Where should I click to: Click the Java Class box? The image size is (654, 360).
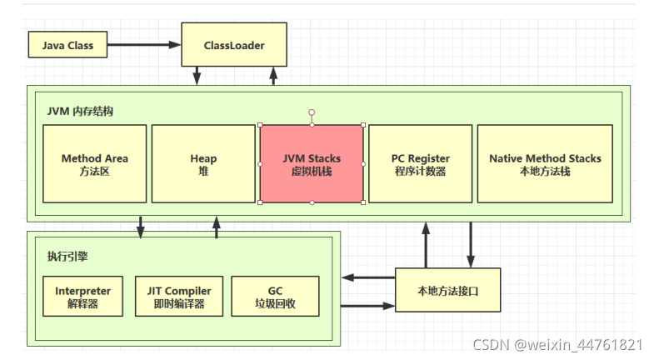[x=67, y=45]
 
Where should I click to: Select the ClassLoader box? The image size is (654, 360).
[x=234, y=45]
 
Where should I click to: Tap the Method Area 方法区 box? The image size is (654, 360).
[x=95, y=163]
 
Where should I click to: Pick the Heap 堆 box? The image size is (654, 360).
[x=203, y=163]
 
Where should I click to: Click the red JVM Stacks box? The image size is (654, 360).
[x=312, y=163]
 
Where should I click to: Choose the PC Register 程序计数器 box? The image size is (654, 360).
[x=421, y=163]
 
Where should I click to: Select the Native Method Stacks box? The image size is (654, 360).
[x=545, y=163]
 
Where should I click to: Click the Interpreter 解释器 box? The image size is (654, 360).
[x=82, y=297]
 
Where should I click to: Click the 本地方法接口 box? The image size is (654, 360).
[x=448, y=290]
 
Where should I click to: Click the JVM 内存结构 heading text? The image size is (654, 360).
[x=80, y=111]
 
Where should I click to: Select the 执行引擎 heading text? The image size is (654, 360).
[x=67, y=256]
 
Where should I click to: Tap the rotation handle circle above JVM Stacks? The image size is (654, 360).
[x=312, y=111]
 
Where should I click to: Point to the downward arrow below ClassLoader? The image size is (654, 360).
[x=197, y=76]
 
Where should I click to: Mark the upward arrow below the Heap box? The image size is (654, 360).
[x=217, y=227]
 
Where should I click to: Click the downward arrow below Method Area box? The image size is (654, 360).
[x=140, y=227]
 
